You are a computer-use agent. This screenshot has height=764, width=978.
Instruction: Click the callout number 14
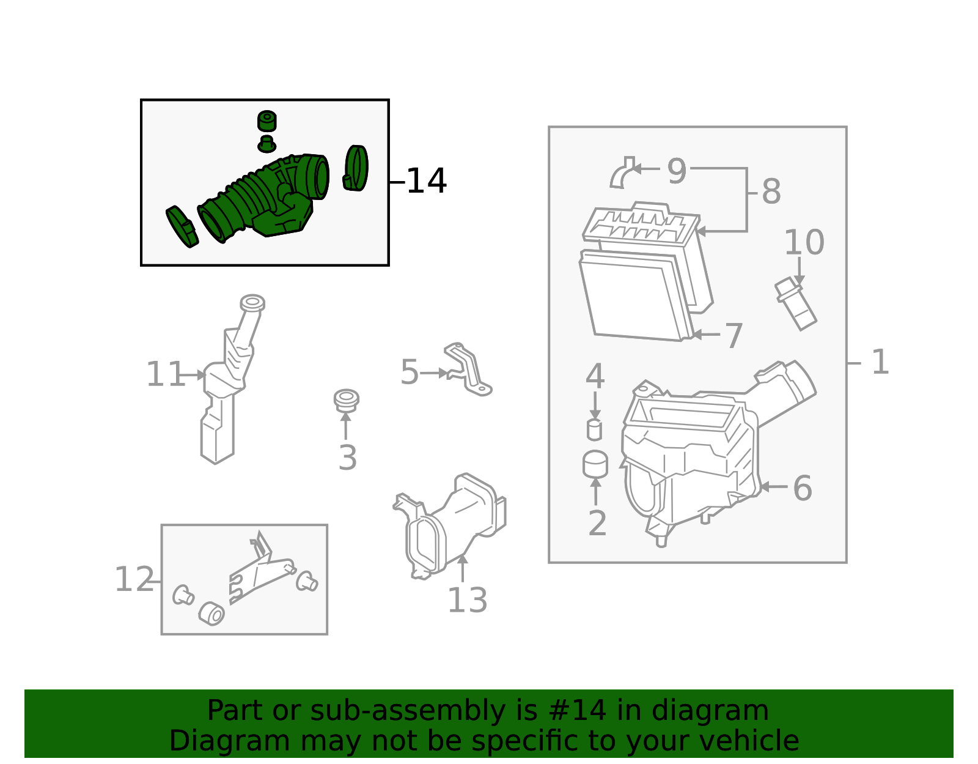426,181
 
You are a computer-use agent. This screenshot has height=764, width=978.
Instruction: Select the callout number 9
677,171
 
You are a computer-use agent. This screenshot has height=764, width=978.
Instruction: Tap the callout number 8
771,191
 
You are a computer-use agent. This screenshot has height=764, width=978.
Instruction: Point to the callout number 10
804,242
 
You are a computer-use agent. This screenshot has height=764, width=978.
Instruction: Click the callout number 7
733,335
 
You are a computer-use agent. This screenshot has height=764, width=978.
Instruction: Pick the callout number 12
134,579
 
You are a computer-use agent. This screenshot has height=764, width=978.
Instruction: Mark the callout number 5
409,372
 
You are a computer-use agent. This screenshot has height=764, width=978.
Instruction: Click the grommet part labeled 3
346,400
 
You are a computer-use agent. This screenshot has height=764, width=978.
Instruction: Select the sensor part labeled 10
795,303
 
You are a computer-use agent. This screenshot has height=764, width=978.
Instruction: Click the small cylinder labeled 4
594,430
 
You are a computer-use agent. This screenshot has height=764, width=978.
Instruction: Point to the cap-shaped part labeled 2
595,464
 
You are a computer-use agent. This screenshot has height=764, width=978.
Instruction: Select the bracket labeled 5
468,369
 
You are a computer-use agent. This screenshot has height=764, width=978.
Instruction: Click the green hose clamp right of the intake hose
356,168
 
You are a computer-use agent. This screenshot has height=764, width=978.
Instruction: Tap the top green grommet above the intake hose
267,121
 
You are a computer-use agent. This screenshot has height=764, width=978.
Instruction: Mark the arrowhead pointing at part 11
201,374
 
